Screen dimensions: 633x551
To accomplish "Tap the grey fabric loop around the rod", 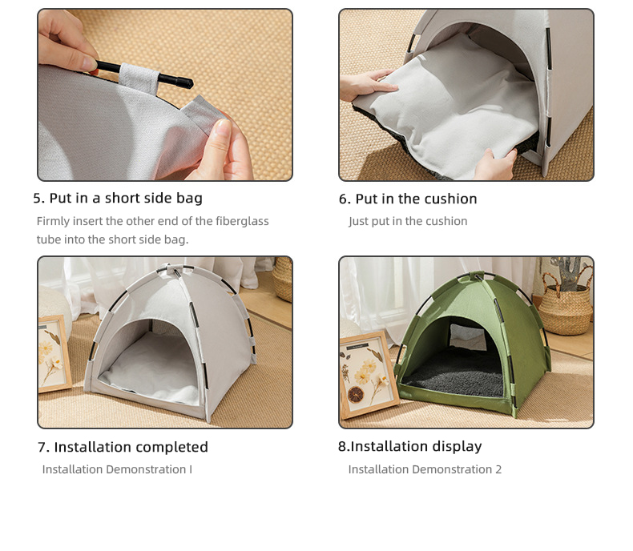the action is (139, 78).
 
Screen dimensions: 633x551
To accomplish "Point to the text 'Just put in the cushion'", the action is (408, 221).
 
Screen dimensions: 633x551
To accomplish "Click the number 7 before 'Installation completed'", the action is (42, 448).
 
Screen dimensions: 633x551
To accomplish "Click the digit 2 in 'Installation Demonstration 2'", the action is (498, 469).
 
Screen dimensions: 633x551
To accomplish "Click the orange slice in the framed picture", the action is (355, 395).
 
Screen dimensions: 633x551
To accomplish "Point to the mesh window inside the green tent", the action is (468, 336).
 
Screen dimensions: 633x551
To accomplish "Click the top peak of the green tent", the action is (478, 276).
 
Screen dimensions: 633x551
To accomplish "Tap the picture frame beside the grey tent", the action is (54, 354).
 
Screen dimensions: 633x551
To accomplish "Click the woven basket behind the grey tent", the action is (283, 279).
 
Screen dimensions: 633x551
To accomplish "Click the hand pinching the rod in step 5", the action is (67, 42).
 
